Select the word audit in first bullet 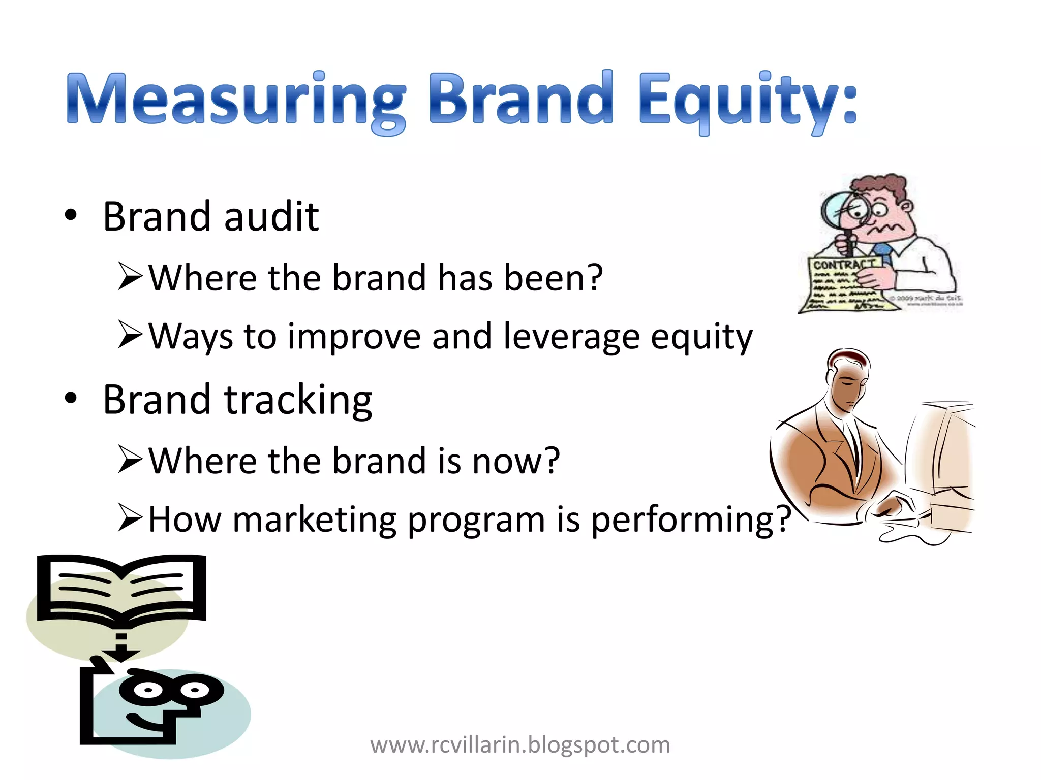tap(271, 217)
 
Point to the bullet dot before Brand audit tap(71, 215)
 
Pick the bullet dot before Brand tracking tap(71, 398)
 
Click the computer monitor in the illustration tap(940, 457)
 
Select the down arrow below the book tap(121, 653)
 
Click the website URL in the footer tap(520, 745)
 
